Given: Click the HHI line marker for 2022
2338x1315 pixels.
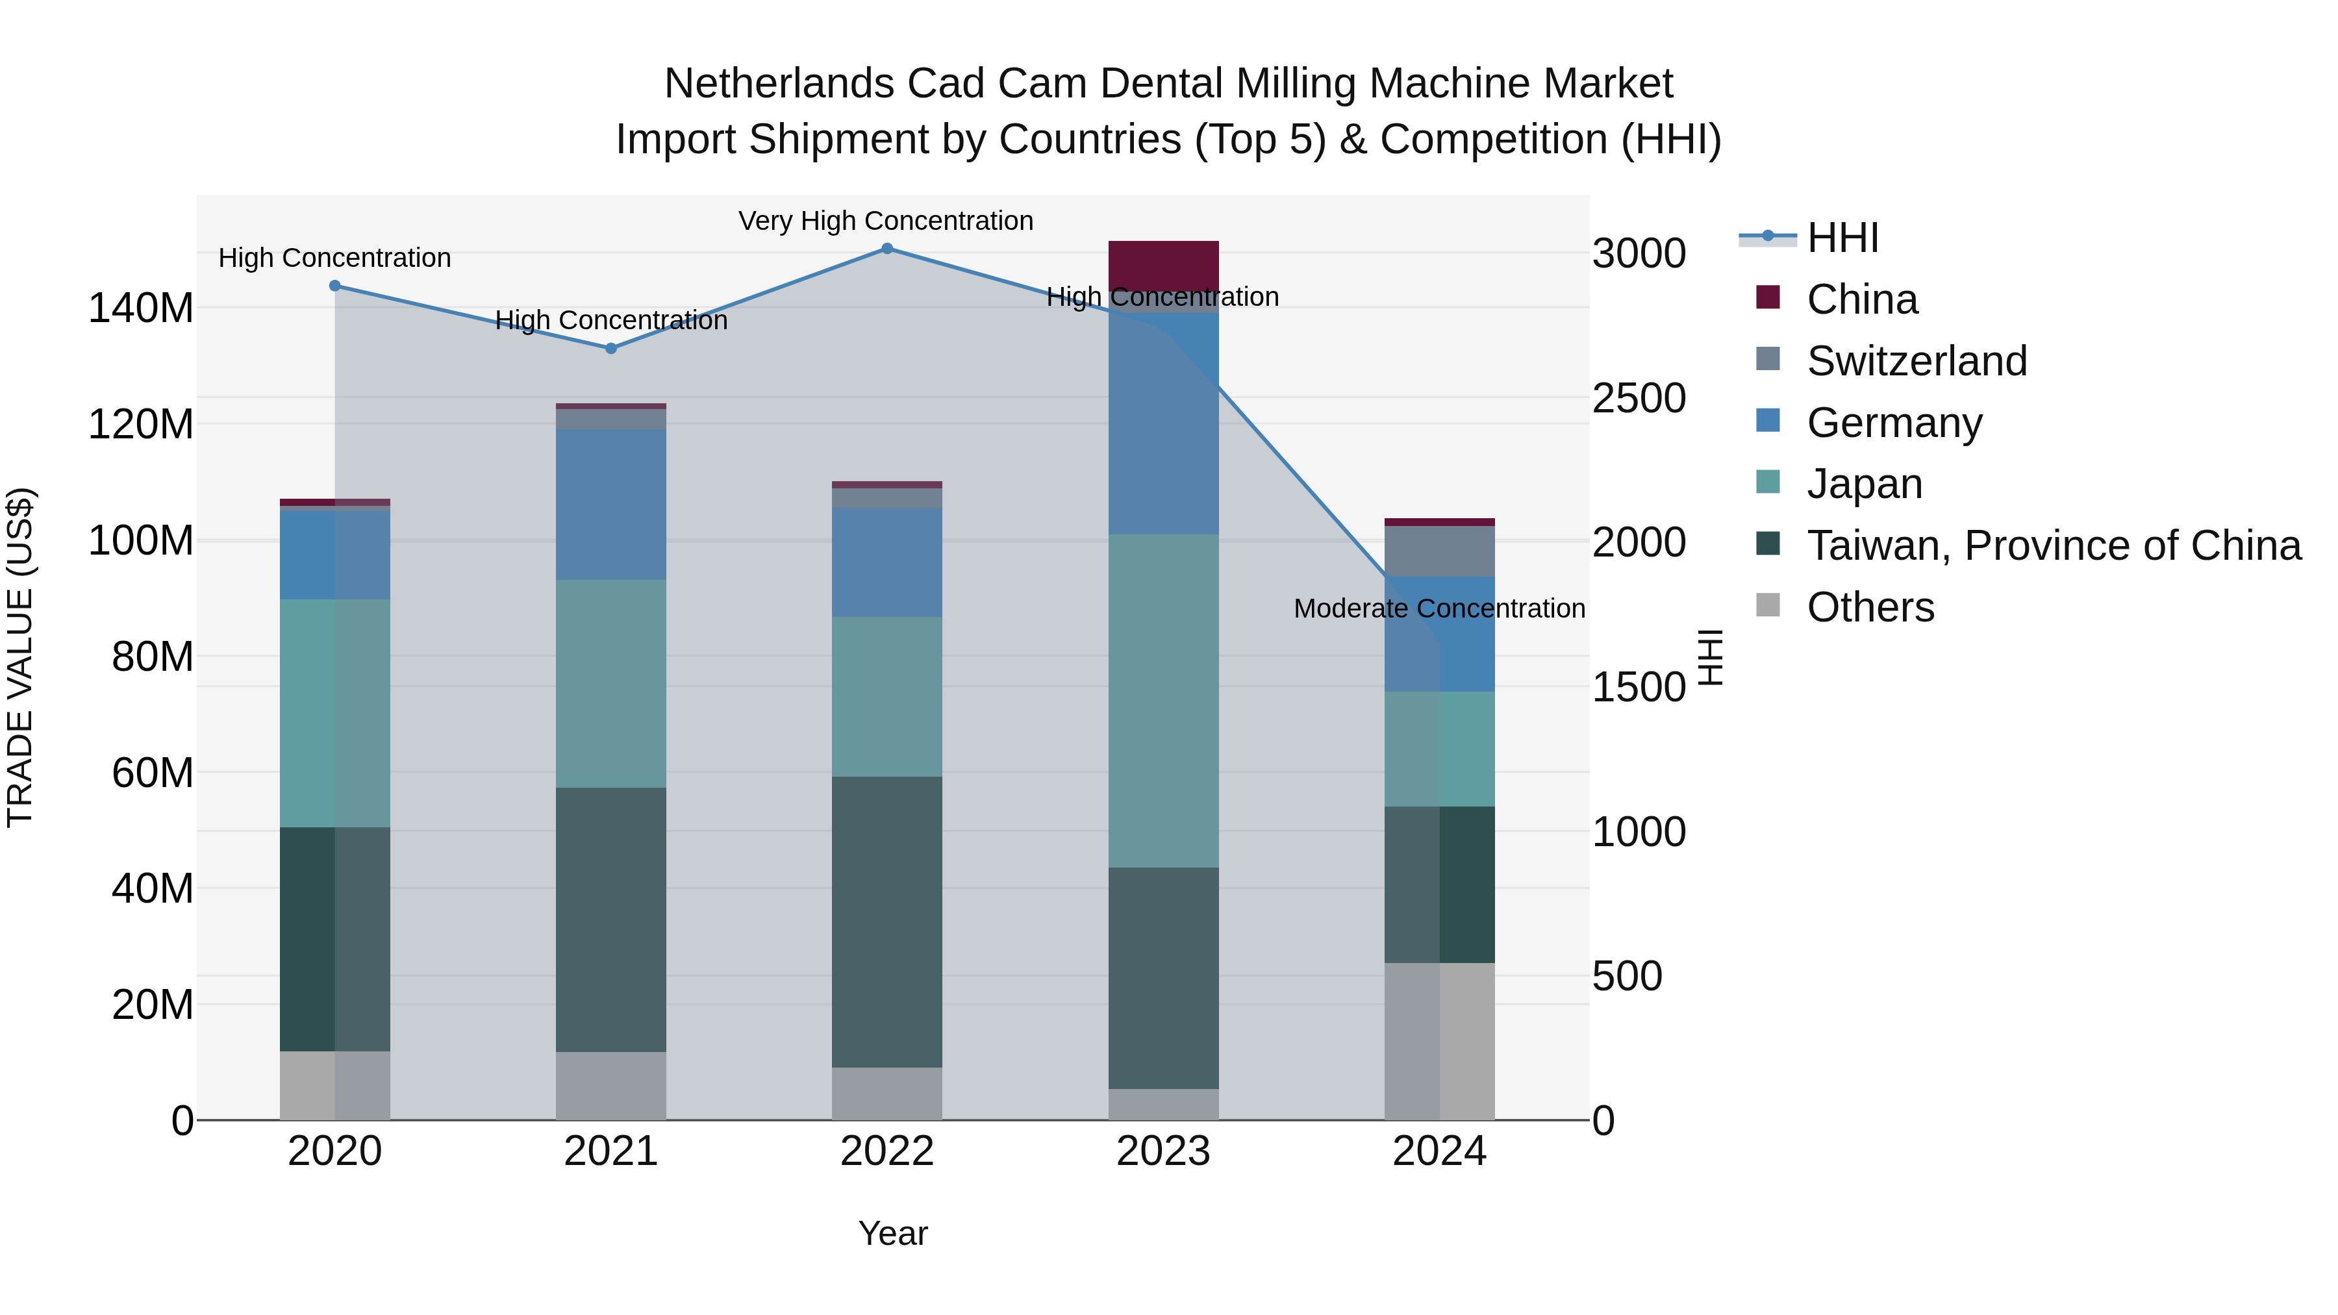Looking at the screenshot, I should click(x=886, y=249).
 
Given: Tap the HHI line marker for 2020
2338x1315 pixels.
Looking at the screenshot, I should click(x=335, y=286).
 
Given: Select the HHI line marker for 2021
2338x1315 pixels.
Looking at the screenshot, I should click(x=611, y=349).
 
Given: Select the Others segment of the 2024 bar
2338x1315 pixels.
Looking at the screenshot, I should click(x=1439, y=1041).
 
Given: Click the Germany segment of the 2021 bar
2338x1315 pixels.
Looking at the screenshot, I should click(x=611, y=505).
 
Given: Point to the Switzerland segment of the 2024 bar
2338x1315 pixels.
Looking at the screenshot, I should click(x=1439, y=551).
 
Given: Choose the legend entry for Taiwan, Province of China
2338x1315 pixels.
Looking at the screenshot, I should click(x=2053, y=545).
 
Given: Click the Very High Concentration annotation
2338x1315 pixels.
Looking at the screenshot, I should click(x=886, y=221).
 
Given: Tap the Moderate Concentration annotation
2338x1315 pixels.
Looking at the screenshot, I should click(x=1439, y=609).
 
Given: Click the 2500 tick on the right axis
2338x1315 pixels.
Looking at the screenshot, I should click(x=1639, y=399).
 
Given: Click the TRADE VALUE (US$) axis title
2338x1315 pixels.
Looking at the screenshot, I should click(x=20, y=657).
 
